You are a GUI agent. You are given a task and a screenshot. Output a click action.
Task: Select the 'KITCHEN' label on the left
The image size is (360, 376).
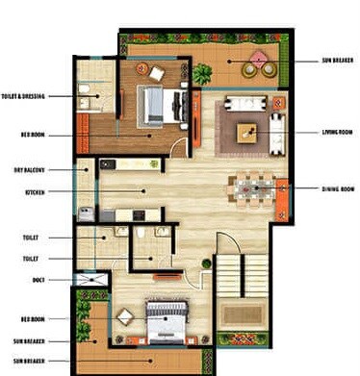click(35, 192)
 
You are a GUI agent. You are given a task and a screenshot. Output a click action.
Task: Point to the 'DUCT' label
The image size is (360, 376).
click(39, 280)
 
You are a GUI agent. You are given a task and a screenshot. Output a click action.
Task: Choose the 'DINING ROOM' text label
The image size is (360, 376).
click(337, 188)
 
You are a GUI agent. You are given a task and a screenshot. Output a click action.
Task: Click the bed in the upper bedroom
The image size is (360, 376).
click(154, 106)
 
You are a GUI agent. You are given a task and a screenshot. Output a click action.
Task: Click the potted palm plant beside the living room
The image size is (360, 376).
click(203, 73)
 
